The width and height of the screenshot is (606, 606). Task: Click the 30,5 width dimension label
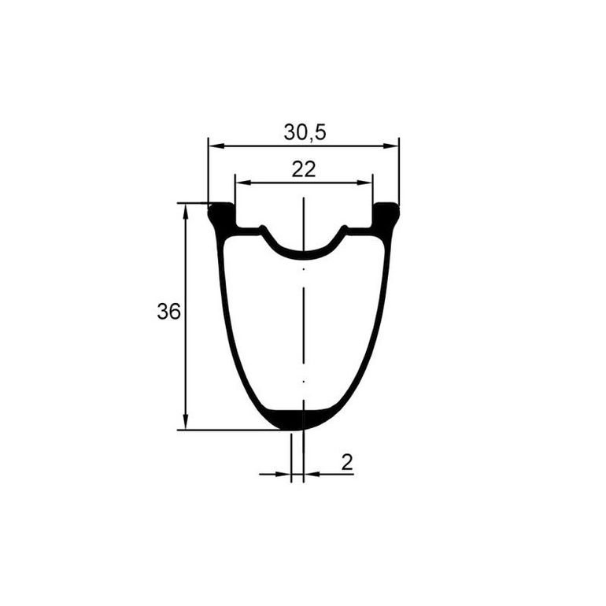click(x=305, y=132)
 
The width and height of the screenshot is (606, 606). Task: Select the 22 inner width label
click(x=303, y=169)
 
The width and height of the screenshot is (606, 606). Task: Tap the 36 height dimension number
click(x=168, y=311)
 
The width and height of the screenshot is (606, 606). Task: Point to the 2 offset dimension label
click(x=347, y=462)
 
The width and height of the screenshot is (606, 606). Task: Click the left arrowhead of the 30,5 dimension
click(x=216, y=146)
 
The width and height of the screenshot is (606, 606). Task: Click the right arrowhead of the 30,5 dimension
click(x=390, y=146)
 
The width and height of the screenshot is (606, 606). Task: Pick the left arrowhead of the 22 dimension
click(x=243, y=183)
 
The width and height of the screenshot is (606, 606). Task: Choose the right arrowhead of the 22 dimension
click(x=364, y=183)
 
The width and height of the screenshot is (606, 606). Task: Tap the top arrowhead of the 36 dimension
click(x=186, y=212)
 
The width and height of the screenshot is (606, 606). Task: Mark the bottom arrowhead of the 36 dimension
click(x=186, y=421)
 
